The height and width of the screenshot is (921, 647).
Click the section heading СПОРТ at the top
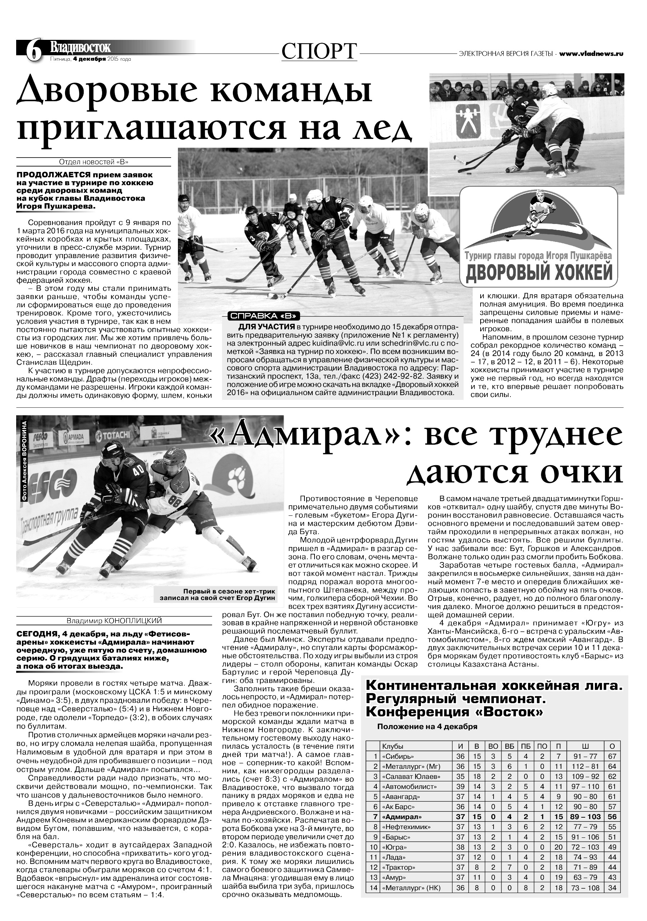point(319,51)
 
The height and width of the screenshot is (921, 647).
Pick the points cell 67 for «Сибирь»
point(612,757)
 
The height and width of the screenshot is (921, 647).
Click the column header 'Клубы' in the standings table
point(393,747)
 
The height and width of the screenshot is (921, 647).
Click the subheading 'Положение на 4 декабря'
point(427,726)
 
